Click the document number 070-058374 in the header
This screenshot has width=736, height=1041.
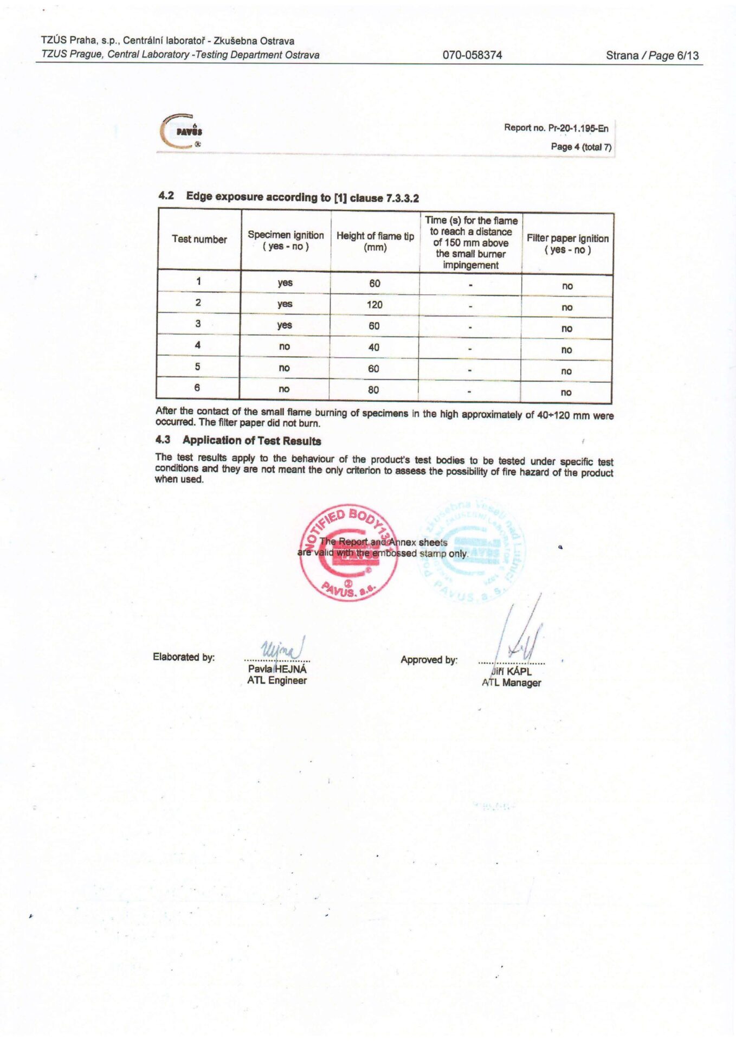coord(472,55)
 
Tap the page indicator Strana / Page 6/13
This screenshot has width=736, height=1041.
coord(652,55)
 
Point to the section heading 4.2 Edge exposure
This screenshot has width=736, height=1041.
coord(288,197)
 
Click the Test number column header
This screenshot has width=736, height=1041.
coord(199,239)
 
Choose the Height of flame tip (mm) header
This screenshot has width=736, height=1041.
coord(375,241)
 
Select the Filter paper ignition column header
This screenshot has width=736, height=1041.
coord(567,243)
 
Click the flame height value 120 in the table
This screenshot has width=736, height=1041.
coord(375,305)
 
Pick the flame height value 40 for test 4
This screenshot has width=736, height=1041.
coord(374,347)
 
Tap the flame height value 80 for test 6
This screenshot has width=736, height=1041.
coord(373,390)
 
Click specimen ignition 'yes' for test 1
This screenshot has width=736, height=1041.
coord(285,282)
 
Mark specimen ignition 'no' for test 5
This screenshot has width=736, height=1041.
coord(284,368)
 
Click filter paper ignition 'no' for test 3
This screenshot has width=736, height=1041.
coord(567,329)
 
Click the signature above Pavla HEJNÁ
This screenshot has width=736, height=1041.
coord(282,648)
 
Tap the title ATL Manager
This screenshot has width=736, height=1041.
coord(511,683)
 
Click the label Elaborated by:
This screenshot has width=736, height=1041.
coord(184,657)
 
